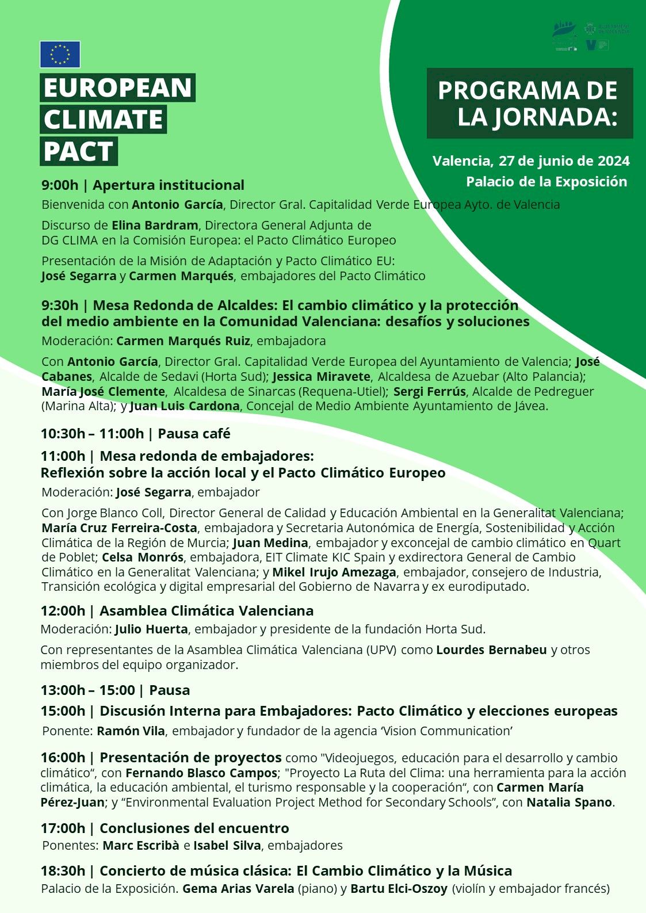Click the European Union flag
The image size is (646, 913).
point(60,55)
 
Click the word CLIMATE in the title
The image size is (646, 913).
point(104,120)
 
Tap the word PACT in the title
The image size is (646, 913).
point(78,151)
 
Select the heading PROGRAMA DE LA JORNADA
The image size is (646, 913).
point(529,104)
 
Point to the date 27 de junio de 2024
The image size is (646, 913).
point(564,161)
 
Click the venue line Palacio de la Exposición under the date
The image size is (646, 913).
point(546,182)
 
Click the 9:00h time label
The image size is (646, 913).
point(59,185)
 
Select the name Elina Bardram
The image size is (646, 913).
point(155,225)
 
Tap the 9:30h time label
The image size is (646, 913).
point(59,305)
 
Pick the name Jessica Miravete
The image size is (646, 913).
point(322,377)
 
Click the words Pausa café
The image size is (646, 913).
point(194,433)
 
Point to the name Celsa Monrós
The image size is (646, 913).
point(143,557)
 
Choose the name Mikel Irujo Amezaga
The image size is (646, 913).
point(334,572)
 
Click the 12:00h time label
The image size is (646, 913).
point(63,611)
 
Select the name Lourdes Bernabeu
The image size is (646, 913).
point(491,650)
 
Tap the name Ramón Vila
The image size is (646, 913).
point(131,731)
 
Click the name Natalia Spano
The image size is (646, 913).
point(569,803)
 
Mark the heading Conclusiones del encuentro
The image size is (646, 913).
point(194,828)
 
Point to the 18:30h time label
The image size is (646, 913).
point(63,871)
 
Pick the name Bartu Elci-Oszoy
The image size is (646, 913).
point(399,889)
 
